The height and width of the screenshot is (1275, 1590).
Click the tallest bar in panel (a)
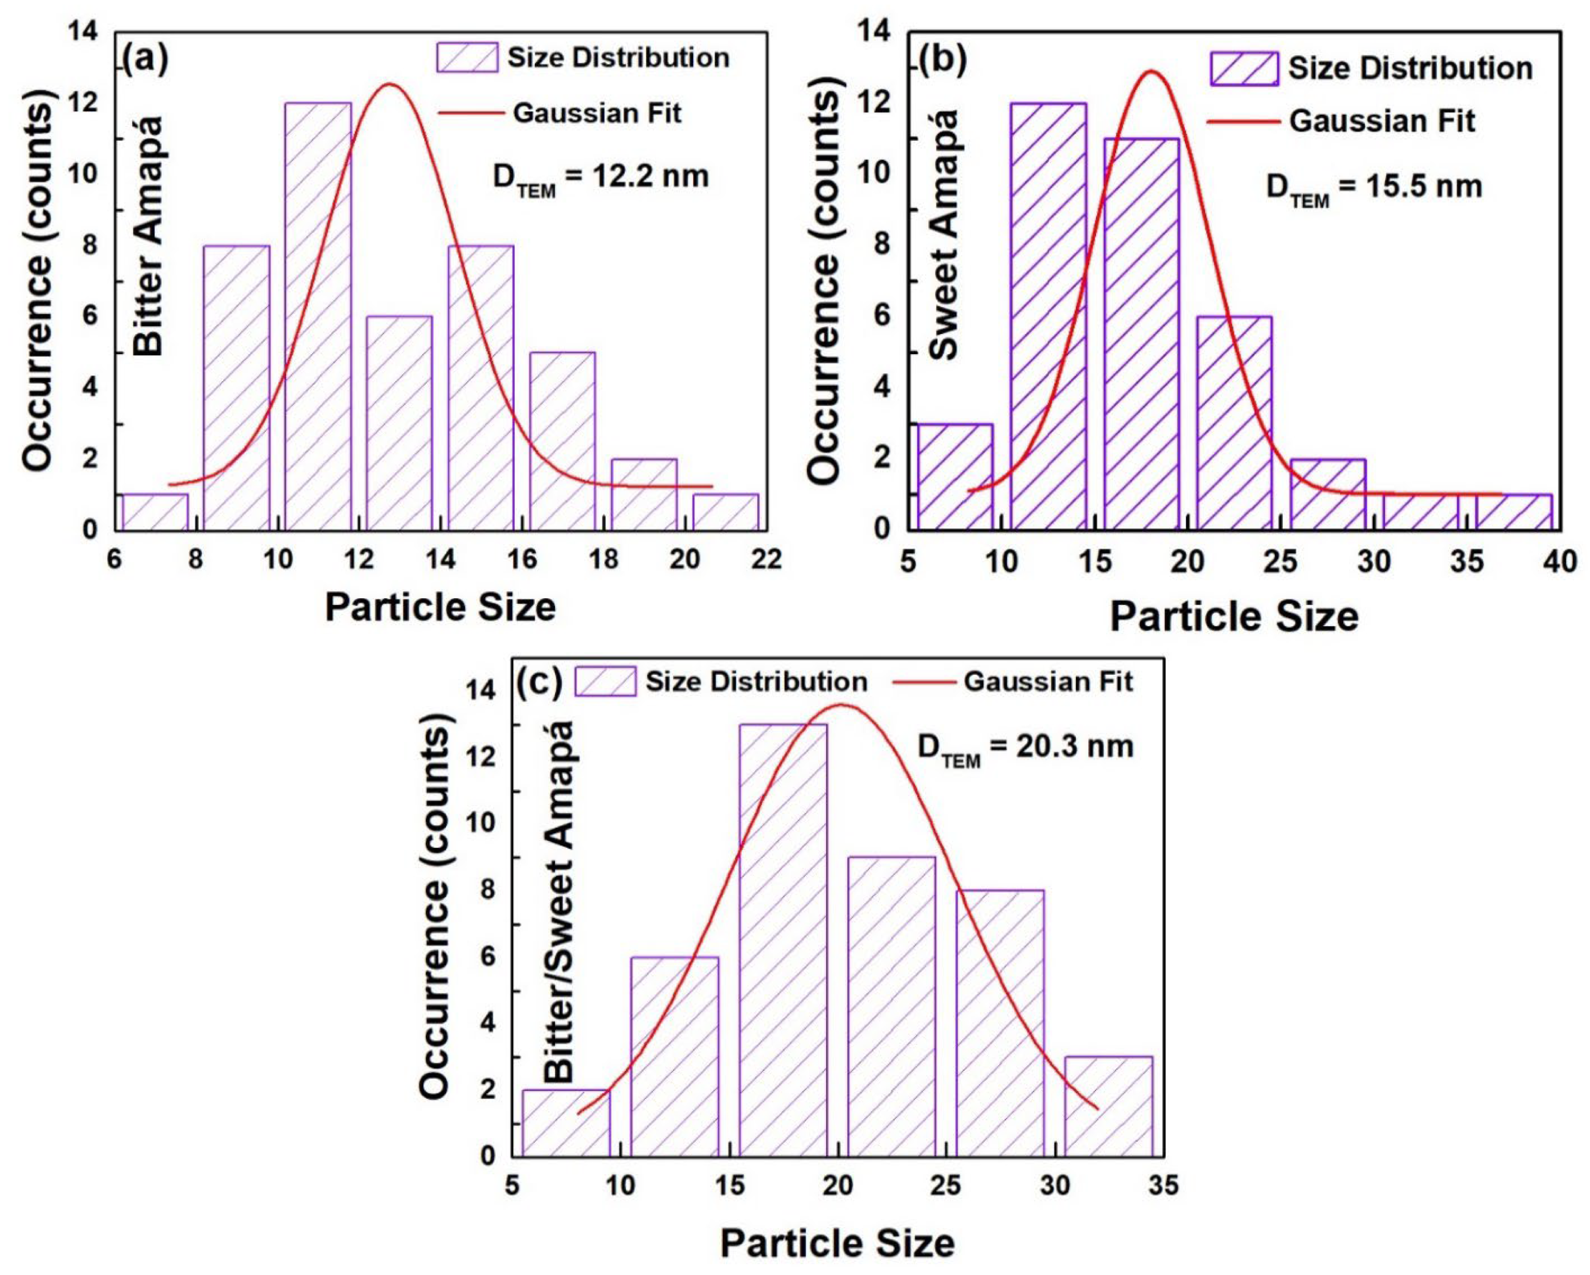pyautogui.click(x=318, y=317)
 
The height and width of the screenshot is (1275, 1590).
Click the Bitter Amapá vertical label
pyautogui.click(x=150, y=236)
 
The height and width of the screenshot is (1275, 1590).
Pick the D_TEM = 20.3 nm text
pyautogui.click(x=1025, y=748)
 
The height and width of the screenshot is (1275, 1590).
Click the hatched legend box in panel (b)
pyautogui.click(x=1244, y=69)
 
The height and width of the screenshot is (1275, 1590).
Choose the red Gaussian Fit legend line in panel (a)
pyautogui.click(x=472, y=113)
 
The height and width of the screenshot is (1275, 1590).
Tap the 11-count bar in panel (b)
pyautogui.click(x=1141, y=332)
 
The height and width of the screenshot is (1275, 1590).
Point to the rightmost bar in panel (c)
pyautogui.click(x=1108, y=1106)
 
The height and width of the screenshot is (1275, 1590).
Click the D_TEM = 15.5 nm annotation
pyautogui.click(x=1374, y=188)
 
